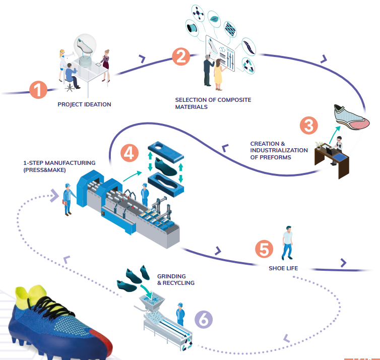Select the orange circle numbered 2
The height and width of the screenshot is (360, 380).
180,56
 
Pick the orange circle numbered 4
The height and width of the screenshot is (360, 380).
130,152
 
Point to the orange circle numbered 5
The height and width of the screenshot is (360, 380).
264,249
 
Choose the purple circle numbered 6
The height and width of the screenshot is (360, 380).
203,319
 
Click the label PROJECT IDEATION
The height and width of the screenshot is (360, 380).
84,105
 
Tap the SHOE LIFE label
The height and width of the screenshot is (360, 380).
283,268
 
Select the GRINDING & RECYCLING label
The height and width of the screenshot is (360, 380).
175,280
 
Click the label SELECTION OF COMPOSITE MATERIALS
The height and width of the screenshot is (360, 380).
213,103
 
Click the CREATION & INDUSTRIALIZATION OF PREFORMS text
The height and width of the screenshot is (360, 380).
279,151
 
